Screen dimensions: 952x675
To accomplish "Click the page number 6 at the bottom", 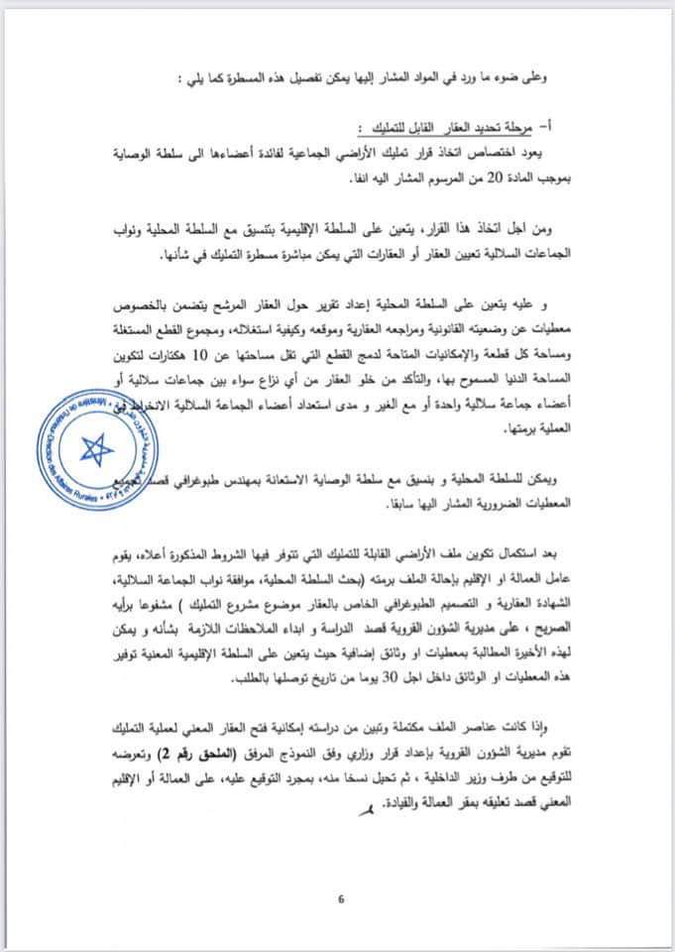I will point(340,899).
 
